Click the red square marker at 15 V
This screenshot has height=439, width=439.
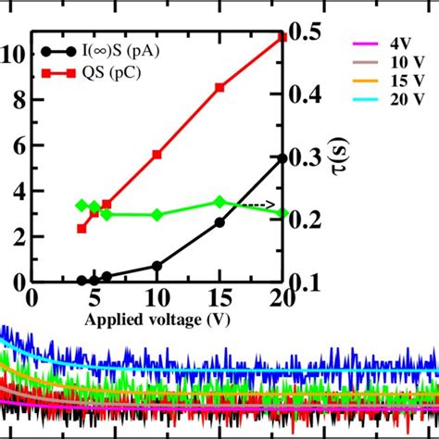(219, 87)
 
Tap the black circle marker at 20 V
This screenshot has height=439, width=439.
(282, 158)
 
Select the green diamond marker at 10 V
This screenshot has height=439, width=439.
(157, 215)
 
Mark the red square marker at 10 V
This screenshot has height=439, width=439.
(157, 155)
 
